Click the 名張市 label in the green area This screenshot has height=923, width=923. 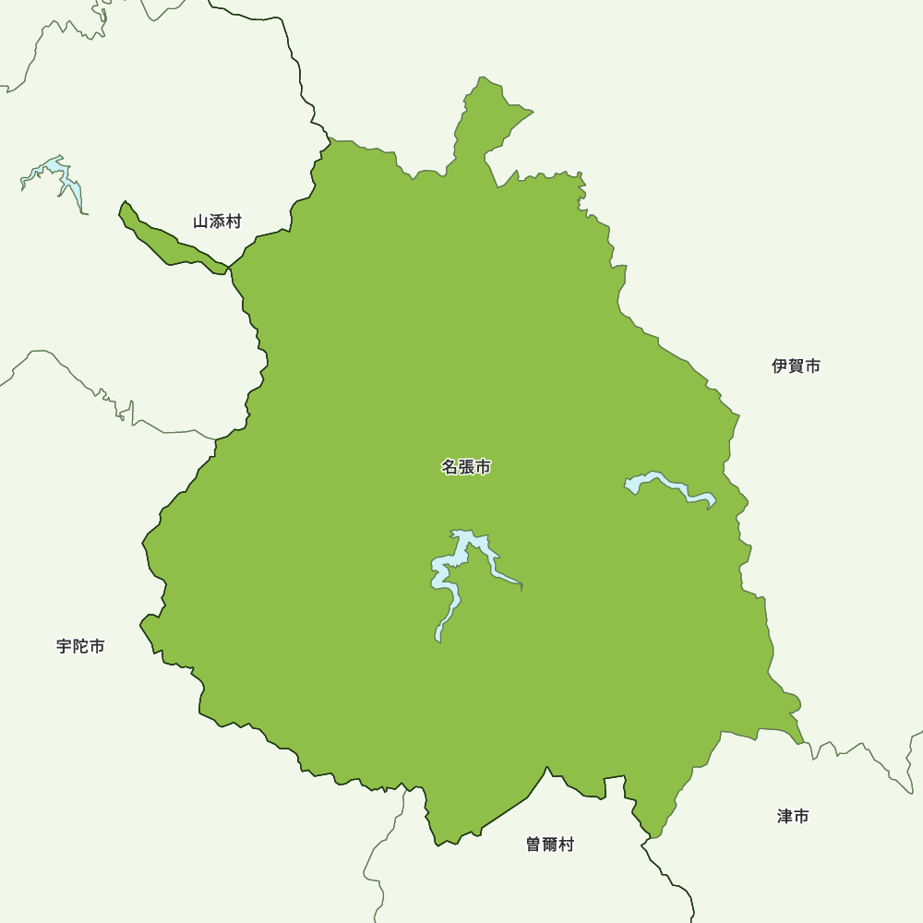(x=466, y=467)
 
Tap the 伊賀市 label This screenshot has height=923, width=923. (x=796, y=366)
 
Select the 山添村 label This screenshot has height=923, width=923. (x=217, y=222)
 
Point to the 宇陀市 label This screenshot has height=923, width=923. (x=80, y=646)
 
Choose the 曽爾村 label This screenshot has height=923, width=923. (x=550, y=845)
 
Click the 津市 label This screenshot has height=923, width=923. (x=793, y=816)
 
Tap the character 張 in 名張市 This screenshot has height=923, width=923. (x=466, y=467)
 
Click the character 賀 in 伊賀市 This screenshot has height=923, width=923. (x=796, y=366)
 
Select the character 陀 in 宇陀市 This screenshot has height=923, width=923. (x=80, y=646)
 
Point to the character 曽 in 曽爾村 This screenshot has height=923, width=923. (x=534, y=845)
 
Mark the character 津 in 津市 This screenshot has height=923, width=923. (x=785, y=816)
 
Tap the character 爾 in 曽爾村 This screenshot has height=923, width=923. (x=550, y=845)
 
